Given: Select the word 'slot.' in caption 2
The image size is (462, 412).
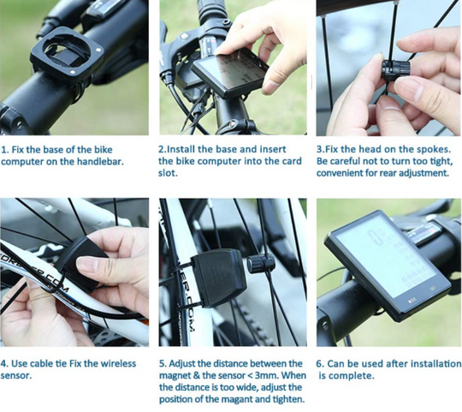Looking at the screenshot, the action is [168, 173].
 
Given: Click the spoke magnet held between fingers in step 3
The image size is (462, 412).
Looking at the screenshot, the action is [395, 70].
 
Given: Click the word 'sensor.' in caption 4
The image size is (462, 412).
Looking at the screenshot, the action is [16, 376].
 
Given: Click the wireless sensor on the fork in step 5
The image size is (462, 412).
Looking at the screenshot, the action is [219, 278].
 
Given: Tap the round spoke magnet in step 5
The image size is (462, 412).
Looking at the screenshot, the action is [261, 263].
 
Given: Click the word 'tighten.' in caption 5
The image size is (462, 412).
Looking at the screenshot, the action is [288, 399].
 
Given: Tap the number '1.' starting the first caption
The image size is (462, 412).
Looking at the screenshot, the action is [5, 150].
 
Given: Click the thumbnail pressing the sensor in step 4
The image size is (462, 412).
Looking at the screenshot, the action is [87, 264].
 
